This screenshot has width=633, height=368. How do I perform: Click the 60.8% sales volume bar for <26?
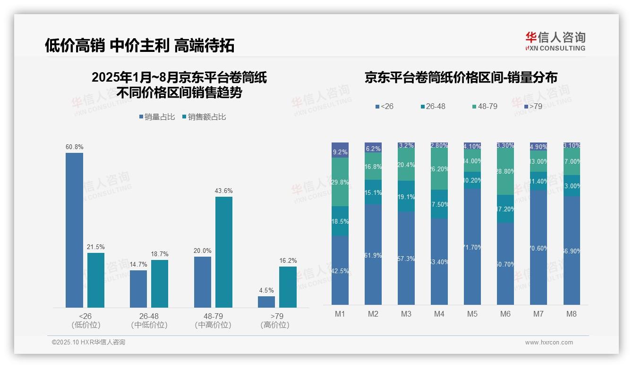(x=74, y=230)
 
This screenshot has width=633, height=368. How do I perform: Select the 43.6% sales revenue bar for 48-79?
(x=224, y=252)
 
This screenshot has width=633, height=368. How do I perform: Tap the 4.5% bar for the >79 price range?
(x=266, y=302)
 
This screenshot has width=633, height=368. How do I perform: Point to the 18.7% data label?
(x=160, y=254)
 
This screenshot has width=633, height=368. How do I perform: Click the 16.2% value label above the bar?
(x=288, y=260)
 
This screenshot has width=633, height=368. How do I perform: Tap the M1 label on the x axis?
(x=340, y=314)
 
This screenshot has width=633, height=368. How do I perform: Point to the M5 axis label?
(x=472, y=314)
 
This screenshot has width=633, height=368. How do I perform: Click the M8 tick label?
(x=572, y=314)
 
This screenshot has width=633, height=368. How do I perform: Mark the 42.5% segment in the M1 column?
(x=340, y=270)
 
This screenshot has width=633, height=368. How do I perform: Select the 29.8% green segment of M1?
(x=340, y=182)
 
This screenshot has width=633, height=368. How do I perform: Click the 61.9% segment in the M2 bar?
(x=373, y=255)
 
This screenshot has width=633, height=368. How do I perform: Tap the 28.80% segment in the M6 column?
(x=505, y=171)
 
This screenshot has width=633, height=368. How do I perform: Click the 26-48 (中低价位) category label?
(x=149, y=320)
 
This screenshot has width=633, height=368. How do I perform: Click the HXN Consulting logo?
(x=555, y=41)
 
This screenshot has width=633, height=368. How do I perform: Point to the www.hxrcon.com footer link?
(x=549, y=343)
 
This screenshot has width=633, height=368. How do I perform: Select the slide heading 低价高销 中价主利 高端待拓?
(x=140, y=46)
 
